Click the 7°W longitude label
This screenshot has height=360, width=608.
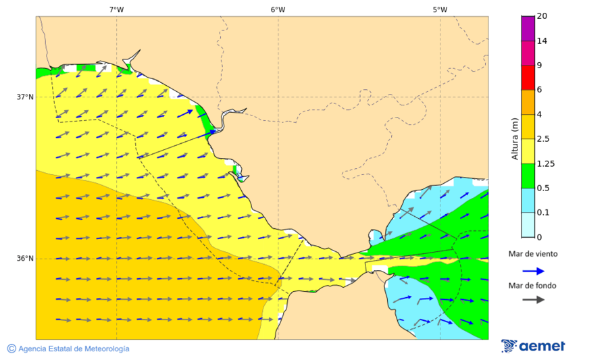[x=116, y=9]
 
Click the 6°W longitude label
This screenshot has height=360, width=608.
[x=278, y=9]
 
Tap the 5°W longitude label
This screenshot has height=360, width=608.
[x=440, y=9]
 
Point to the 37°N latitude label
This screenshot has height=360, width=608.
[x=25, y=97]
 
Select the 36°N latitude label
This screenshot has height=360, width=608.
[x=25, y=259]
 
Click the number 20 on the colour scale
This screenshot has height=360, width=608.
[x=542, y=16]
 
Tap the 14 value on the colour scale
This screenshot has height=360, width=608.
[x=542, y=41]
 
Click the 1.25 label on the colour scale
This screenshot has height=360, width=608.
[x=545, y=163]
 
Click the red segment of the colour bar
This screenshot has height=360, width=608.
[x=528, y=78]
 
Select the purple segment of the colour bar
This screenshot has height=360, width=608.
[x=528, y=28]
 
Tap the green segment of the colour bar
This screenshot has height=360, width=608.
[x=528, y=176]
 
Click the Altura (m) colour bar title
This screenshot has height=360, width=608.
[x=515, y=138]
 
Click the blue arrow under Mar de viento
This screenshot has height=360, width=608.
[x=534, y=271]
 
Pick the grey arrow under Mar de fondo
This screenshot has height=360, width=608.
[x=534, y=299]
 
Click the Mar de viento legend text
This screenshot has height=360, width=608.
[x=534, y=254]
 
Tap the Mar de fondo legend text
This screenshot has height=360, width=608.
[x=534, y=286]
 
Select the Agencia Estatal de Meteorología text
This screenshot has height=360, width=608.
[x=74, y=349]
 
